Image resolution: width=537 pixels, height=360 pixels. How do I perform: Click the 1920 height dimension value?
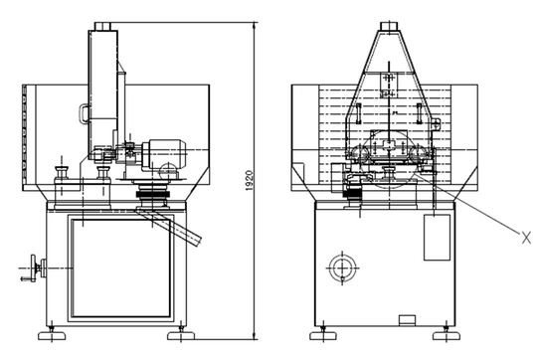pyautogui.click(x=250, y=181)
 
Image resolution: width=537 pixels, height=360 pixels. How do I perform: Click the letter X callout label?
pyautogui.click(x=526, y=238)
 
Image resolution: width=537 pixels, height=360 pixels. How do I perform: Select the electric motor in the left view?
pyautogui.click(x=164, y=153)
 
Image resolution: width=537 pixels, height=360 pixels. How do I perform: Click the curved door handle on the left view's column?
pyautogui.click(x=84, y=113)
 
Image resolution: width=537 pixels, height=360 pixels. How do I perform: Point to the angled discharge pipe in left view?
pyautogui.click(x=169, y=226)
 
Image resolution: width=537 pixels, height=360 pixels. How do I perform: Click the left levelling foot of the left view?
pyautogui.click(x=52, y=335)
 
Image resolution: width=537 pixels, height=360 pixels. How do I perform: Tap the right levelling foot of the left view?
pyautogui.click(x=181, y=335)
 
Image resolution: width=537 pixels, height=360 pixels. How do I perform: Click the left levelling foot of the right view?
pyautogui.click(x=323, y=335)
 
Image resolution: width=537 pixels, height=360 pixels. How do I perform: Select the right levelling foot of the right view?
pyautogui.click(x=447, y=335)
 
